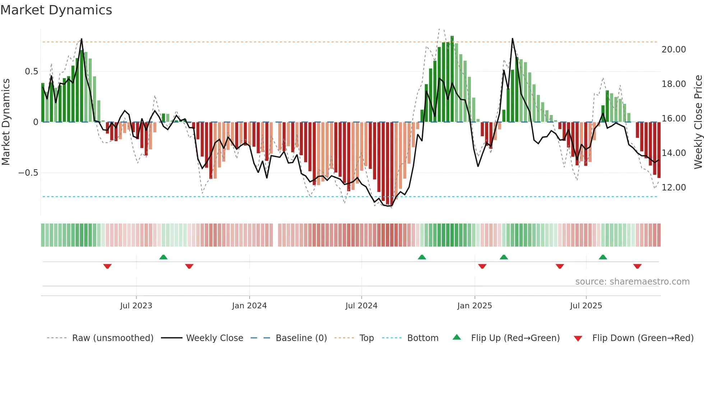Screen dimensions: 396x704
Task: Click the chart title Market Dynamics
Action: tap(56, 10)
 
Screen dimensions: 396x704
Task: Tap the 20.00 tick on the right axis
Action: tap(673, 50)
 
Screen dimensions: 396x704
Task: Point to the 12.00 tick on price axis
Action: tap(673, 188)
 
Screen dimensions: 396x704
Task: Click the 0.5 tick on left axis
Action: tap(31, 72)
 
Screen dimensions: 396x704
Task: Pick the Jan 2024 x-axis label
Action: tap(249, 306)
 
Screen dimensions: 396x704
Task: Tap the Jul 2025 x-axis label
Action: tap(586, 306)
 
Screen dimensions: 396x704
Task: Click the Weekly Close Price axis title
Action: tap(698, 122)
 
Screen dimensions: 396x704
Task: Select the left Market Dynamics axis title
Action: tap(6, 122)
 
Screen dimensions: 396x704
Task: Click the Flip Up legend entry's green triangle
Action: tap(457, 337)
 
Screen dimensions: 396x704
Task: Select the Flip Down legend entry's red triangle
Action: tap(578, 339)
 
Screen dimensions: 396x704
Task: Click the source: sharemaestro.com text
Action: tap(632, 282)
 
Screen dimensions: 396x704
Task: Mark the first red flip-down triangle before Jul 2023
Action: tap(107, 266)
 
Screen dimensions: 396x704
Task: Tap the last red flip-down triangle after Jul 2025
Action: tap(637, 266)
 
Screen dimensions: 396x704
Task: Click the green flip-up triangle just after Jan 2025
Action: tap(504, 257)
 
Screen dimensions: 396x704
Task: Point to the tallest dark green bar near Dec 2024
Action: tap(452, 79)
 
